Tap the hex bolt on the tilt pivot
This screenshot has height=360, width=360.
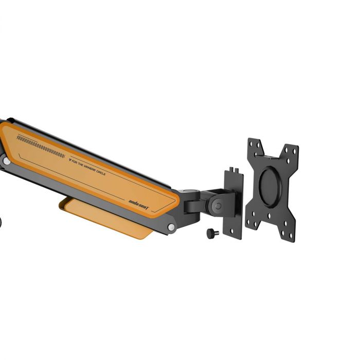[218, 205]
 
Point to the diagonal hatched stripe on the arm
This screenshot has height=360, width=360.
[41, 146]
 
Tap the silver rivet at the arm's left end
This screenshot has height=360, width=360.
[7, 161]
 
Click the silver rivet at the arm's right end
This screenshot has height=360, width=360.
[171, 227]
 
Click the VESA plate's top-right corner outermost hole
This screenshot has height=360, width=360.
[295, 149]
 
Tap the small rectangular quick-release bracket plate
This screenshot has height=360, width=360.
[233, 203]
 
